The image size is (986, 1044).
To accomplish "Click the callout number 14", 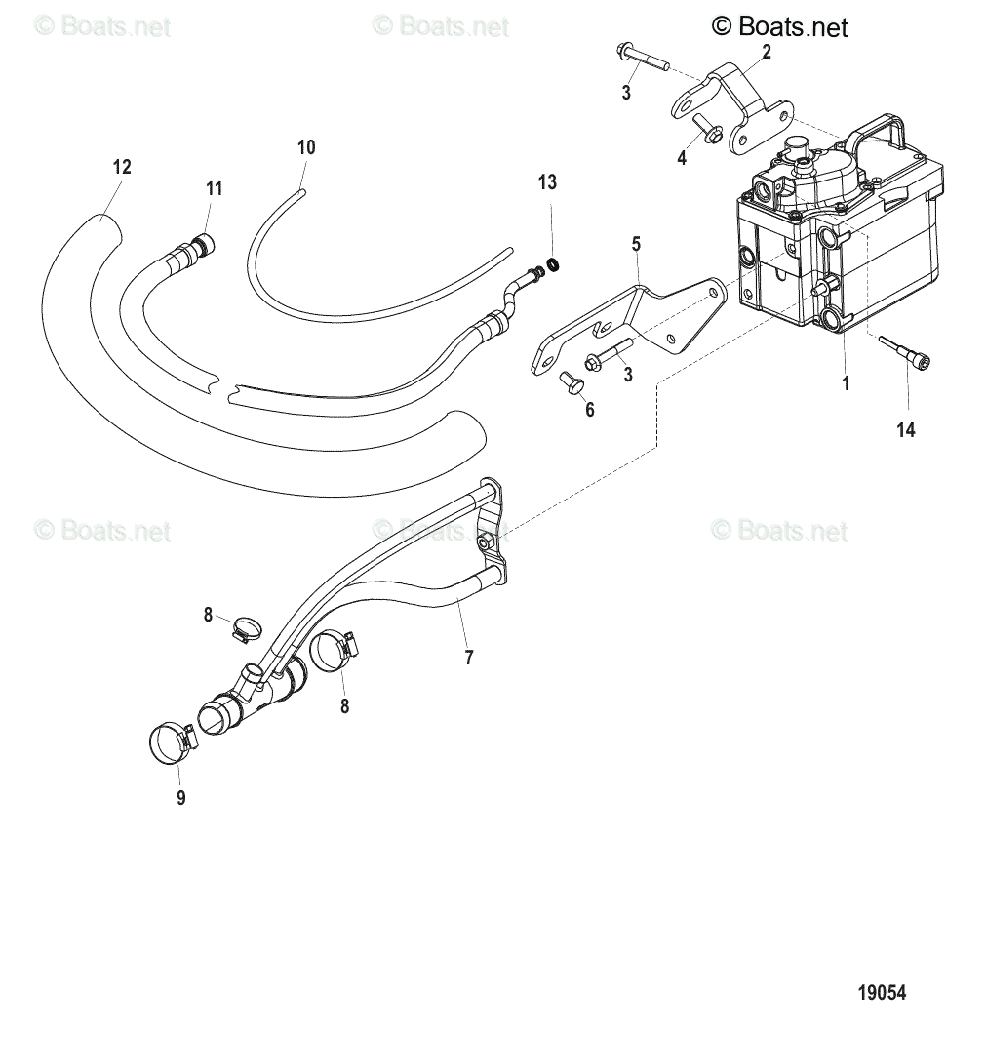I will click(906, 428).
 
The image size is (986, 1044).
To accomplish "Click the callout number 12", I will click(121, 167).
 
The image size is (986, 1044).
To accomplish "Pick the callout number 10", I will click(306, 147).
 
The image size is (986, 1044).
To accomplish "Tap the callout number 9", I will click(180, 798).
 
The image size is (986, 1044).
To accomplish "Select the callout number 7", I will click(468, 658).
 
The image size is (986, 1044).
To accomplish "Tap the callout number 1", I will click(846, 384).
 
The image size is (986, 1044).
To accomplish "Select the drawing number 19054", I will click(882, 993).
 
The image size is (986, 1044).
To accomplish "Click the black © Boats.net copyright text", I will click(780, 26).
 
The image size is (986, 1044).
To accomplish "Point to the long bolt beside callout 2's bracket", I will click(641, 58).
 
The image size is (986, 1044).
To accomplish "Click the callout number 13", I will click(547, 181).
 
